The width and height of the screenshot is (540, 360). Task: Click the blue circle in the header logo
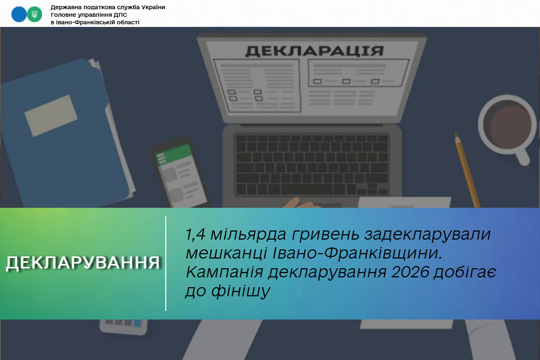[x=18, y=15]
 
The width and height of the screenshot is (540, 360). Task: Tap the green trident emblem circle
[x=35, y=15]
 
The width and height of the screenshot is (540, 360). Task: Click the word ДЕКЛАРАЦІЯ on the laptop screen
[x=314, y=51]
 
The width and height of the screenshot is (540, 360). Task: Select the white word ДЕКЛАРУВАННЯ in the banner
[x=83, y=263]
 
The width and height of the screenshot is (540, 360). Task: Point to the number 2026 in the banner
[x=410, y=272]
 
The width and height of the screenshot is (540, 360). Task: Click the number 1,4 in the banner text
[x=195, y=234]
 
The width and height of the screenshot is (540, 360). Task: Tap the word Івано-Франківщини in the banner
[x=357, y=253]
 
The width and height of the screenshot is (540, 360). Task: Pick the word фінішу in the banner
[x=241, y=291]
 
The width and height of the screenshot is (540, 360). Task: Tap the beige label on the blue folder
[x=51, y=116]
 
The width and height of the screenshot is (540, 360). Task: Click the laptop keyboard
[x=312, y=165]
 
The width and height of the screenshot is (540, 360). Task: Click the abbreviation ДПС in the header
[x=120, y=15]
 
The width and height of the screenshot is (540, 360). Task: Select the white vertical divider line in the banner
[x=166, y=263]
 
